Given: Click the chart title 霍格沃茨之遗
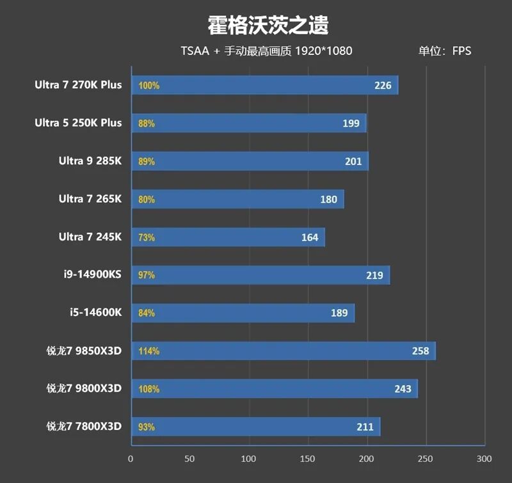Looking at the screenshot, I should point(268,26).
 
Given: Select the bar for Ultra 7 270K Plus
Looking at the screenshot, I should point(265,85).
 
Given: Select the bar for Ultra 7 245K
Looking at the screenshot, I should point(228,237).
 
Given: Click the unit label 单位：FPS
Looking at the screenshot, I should point(445,51).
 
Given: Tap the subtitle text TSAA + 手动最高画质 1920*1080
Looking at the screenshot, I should point(266,51).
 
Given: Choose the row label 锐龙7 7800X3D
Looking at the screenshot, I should point(84,427).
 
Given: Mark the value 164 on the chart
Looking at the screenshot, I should point(310,237).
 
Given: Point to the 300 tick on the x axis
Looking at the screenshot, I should point(484,459).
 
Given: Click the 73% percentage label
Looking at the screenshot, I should point(147,237).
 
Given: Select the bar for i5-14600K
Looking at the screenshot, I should point(243,313).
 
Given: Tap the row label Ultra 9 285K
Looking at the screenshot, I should point(90,161).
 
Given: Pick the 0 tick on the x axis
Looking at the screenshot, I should point(131,459).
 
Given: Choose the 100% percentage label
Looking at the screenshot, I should point(148,85).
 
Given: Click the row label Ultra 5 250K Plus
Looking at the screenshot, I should point(78,123).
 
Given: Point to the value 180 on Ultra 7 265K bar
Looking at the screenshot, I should point(328,200).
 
